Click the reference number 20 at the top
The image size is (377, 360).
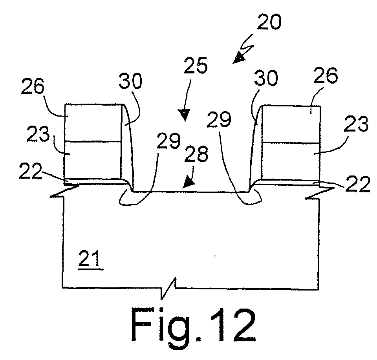click(269, 22)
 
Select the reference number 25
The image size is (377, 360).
click(196, 66)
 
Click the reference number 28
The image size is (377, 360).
click(196, 154)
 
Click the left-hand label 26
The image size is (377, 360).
click(33, 86)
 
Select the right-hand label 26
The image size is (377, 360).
click(326, 75)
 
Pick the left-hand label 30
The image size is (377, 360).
click(131, 81)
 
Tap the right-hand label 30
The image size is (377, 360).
click(266, 78)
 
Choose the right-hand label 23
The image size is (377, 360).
click(356, 124)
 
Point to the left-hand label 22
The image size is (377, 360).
click(30, 171)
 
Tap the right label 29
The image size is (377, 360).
click(219, 119)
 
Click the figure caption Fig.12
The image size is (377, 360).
click(194, 325)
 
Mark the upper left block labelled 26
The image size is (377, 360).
click(93, 122)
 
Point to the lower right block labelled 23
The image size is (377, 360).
click(291, 161)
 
